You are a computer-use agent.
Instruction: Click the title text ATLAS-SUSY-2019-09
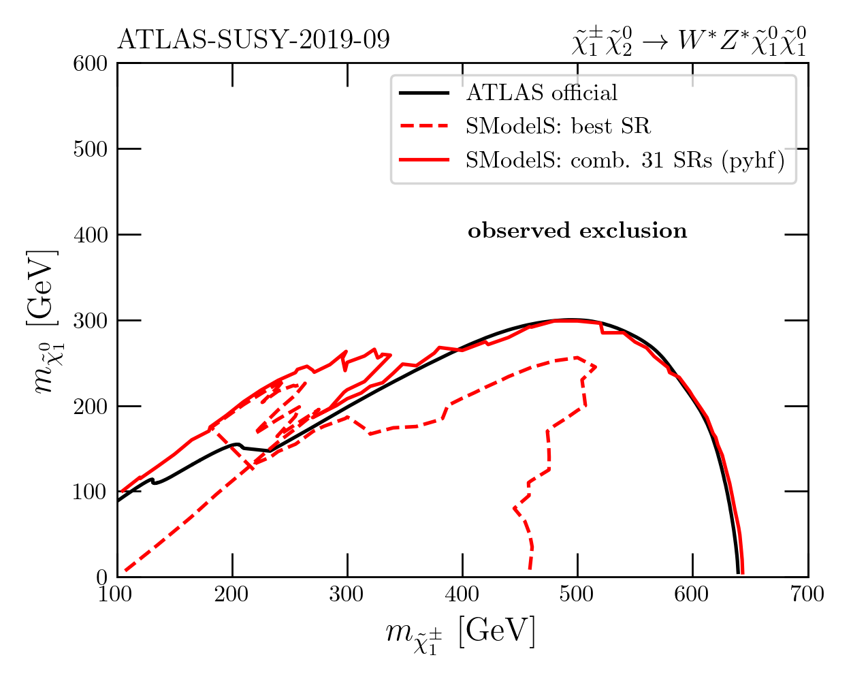253,40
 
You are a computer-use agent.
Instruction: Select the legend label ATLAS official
541,93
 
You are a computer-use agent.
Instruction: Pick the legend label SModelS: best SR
558,126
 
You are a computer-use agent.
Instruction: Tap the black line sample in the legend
424,93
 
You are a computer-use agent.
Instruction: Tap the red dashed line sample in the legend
424,126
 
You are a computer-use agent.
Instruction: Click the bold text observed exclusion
577,232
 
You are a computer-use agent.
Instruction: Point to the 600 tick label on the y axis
90,63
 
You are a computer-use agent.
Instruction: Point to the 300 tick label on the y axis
90,320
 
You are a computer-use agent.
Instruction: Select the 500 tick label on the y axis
90,149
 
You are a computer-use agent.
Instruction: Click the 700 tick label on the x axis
808,595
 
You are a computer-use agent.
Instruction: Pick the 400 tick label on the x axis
462,595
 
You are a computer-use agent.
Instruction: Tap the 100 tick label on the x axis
117,595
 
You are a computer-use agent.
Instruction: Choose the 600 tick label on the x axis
692,595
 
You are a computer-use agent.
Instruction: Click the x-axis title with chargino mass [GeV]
460,633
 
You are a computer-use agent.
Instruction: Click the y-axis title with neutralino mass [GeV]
44,320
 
